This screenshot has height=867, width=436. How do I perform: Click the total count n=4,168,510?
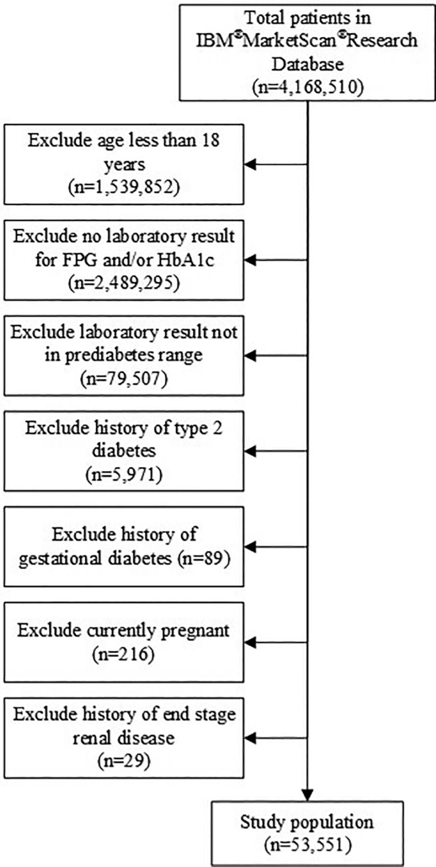pyautogui.click(x=307, y=87)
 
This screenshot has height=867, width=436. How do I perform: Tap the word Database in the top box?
pyautogui.click(x=307, y=64)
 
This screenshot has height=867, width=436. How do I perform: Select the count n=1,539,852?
pyautogui.click(x=124, y=187)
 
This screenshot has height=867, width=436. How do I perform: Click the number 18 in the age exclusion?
pyautogui.click(x=211, y=140)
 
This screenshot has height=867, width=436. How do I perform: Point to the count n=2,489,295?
pyautogui.click(x=124, y=283)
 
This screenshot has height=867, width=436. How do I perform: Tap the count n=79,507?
pyautogui.click(x=124, y=378)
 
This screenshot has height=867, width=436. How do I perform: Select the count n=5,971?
pyautogui.click(x=124, y=474)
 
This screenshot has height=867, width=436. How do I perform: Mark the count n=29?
pyautogui.click(x=124, y=761)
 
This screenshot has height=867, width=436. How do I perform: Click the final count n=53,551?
pyautogui.click(x=307, y=844)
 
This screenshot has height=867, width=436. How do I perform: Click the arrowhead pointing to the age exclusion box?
pyautogui.click(x=251, y=164)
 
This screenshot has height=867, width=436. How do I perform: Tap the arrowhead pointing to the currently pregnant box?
pyautogui.click(x=251, y=642)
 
